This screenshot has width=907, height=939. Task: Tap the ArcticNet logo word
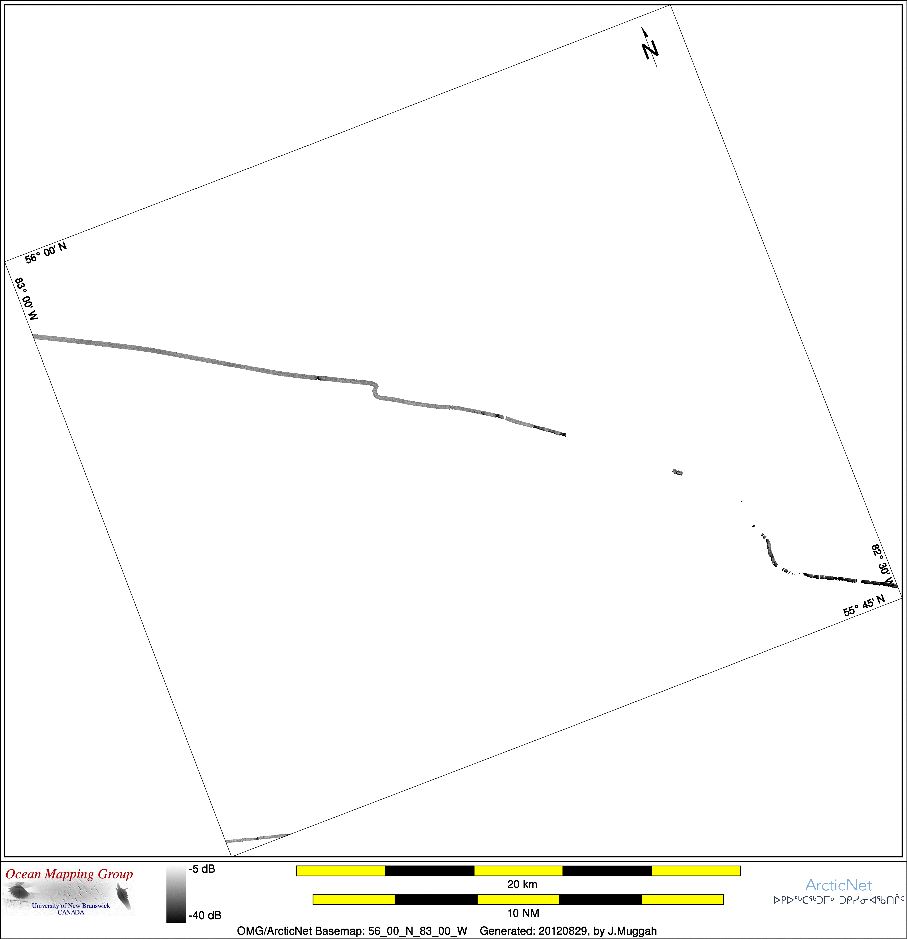point(838,885)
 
